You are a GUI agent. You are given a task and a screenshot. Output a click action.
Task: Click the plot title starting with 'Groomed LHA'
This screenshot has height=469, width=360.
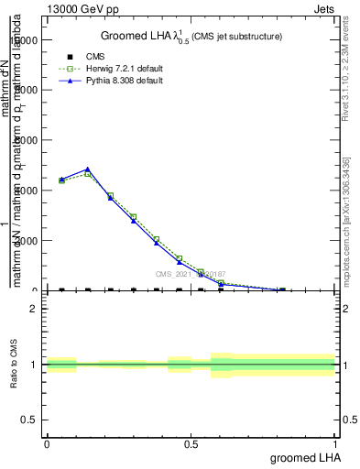(x=191, y=37)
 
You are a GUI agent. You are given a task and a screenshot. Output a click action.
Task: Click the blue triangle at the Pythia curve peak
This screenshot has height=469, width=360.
(x=87, y=169)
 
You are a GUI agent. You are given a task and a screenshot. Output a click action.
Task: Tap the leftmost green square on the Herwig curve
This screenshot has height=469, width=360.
(x=61, y=180)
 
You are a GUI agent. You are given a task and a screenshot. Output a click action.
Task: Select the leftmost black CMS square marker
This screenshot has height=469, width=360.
(x=61, y=289)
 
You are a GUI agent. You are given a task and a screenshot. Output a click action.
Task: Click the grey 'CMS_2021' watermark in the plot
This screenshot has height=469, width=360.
(x=190, y=274)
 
